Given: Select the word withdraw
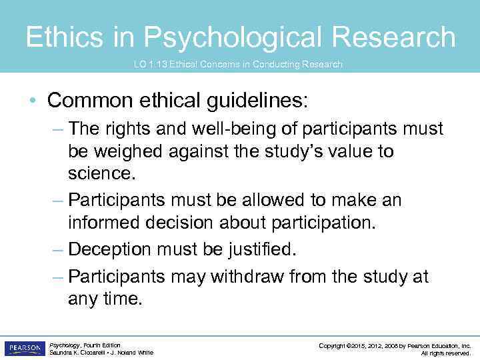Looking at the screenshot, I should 254,276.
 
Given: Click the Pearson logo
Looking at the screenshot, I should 24,348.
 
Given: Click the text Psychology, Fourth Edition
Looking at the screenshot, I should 85,345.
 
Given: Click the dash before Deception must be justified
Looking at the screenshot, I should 59,249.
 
